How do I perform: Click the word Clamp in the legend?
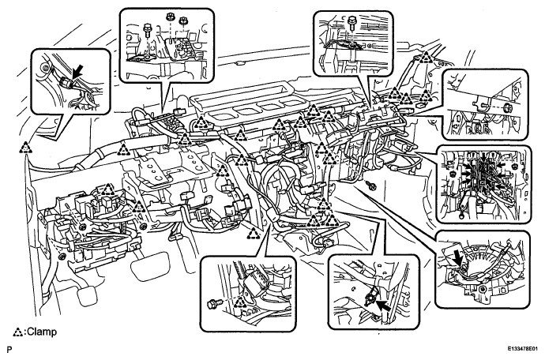(x=42, y=332)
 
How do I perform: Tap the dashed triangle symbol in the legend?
(x=17, y=332)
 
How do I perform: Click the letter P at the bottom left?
(x=9, y=349)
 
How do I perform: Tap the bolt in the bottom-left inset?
(x=212, y=304)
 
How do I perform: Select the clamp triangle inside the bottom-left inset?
(x=239, y=302)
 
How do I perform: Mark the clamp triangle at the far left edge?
(x=25, y=148)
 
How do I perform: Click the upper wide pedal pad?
(x=150, y=266)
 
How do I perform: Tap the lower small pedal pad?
(x=88, y=295)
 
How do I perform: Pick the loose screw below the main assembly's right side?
(x=372, y=186)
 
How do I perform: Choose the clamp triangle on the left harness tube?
(x=122, y=149)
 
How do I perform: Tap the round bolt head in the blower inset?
(x=483, y=290)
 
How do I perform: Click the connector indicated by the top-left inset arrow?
(x=66, y=84)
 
